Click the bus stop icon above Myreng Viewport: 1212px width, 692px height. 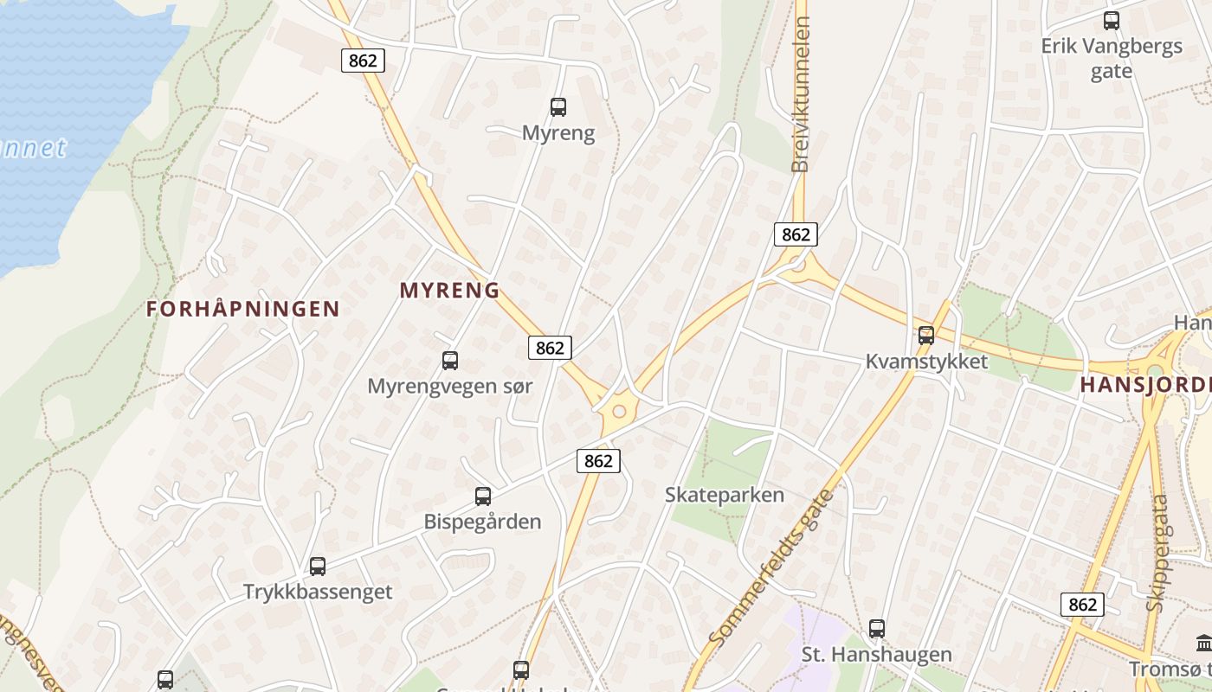558,107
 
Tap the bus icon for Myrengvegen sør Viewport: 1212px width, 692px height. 450,361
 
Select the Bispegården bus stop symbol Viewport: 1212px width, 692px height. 483,497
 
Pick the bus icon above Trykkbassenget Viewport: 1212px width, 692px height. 318,567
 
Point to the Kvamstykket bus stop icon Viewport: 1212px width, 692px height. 926,336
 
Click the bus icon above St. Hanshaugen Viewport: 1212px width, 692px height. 877,629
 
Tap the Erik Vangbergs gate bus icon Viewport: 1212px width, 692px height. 1112,21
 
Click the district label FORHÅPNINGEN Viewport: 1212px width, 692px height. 243,309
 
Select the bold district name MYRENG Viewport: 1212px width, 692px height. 450,291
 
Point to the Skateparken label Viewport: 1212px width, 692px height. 725,495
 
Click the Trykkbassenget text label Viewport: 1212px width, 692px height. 318,593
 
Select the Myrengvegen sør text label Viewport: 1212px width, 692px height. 450,386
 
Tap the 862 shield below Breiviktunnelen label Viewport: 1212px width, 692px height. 796,234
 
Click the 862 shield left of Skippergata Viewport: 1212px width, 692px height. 1082,605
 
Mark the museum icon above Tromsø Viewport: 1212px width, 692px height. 1203,643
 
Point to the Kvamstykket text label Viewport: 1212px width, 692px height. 926,362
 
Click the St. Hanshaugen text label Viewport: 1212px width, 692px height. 877,655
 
